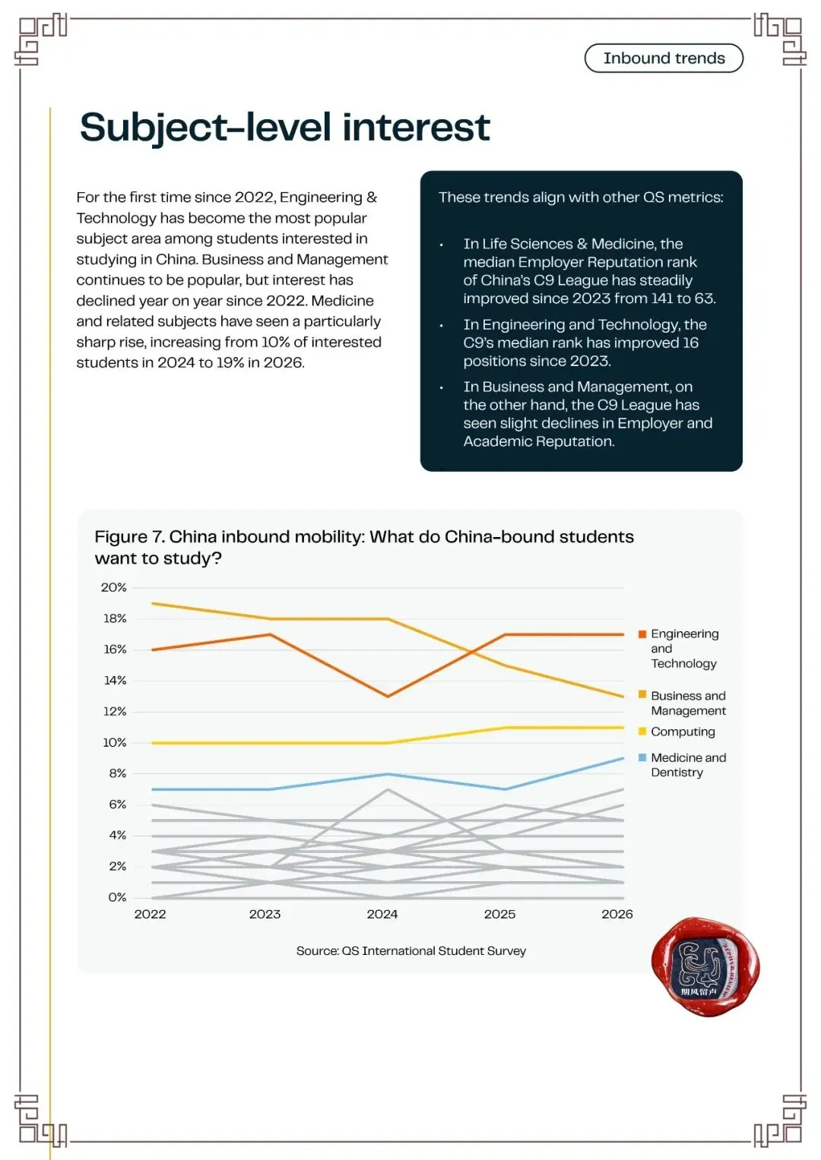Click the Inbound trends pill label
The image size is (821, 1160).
(664, 58)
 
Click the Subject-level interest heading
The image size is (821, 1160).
(284, 128)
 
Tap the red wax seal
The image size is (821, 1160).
(705, 966)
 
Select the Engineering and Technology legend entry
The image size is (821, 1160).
(679, 648)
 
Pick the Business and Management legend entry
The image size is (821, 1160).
(682, 703)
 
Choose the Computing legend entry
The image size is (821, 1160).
(677, 732)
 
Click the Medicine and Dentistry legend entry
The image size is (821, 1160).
(682, 764)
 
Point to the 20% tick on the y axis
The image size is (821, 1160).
(113, 587)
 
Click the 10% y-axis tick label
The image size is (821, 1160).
(115, 743)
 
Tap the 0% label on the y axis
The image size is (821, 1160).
(117, 897)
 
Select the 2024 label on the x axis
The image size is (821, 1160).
(382, 915)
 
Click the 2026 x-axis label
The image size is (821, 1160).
(617, 915)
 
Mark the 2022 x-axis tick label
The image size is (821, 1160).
(151, 915)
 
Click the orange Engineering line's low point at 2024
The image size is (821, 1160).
(388, 696)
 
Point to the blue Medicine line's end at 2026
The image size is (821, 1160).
(623, 759)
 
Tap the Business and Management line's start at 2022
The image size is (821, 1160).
(152, 603)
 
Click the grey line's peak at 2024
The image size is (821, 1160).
(388, 789)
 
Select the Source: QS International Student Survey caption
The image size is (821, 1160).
(411, 951)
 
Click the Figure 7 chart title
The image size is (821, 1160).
(364, 547)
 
